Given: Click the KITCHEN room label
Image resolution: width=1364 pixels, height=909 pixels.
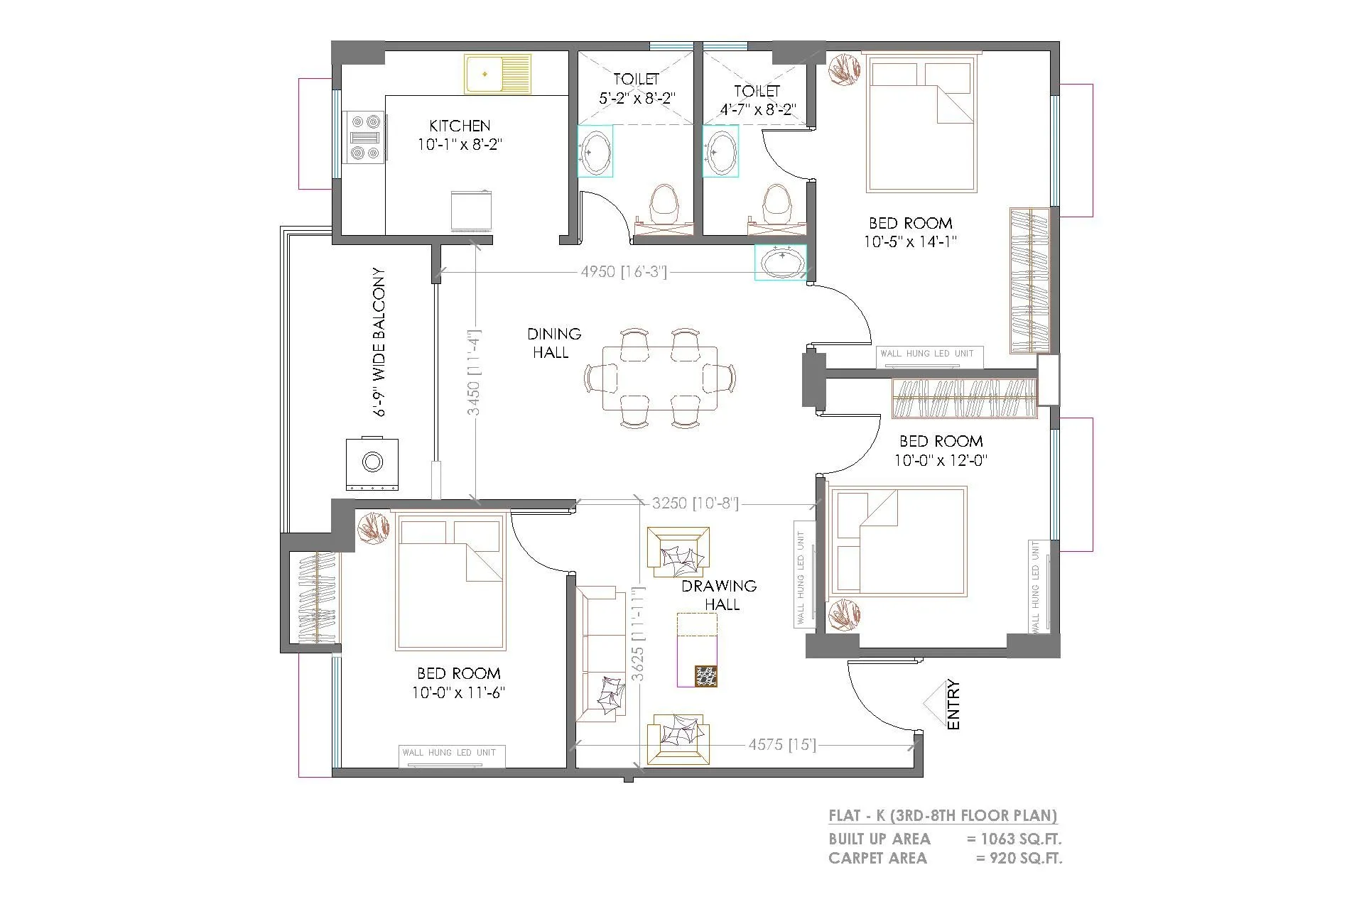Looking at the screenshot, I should coord(460,126).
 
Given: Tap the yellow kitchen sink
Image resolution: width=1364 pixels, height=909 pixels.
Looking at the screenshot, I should coord(497,73).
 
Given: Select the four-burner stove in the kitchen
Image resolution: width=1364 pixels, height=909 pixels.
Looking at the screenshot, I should coord(364,137).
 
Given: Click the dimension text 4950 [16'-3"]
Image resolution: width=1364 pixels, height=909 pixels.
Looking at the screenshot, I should coord(624,271).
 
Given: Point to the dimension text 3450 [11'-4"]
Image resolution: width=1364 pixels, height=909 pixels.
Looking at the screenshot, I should coord(475,371).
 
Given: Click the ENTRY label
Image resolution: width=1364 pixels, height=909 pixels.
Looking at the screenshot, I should coord(953,704).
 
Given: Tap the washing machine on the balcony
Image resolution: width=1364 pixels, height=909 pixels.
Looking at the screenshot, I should coord(372,463).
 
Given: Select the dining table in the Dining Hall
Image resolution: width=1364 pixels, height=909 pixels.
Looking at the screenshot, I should coord(660,378).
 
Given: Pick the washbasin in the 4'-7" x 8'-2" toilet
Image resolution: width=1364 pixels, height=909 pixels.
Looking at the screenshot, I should coord(721,151).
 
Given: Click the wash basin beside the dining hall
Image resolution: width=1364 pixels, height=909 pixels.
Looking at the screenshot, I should coord(781,262).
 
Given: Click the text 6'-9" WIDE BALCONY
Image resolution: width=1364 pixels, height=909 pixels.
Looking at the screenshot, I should coord(380,342).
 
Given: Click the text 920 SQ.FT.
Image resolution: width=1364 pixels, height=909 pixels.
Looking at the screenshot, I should coord(1026,858).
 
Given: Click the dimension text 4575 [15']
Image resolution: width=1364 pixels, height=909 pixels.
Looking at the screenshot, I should coord(781,744).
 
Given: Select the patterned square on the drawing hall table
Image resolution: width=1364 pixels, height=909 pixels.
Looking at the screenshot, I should coord(706,676).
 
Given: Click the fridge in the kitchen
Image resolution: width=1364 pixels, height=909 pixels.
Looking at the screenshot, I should coord(472,210).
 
